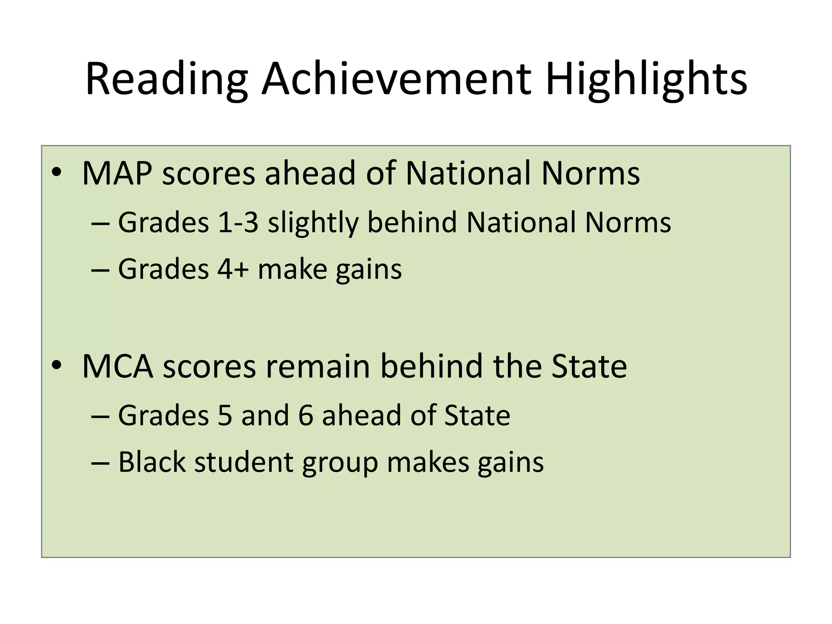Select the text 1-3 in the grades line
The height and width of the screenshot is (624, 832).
pos(238,223)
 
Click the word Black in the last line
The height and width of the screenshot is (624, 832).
pos(152,462)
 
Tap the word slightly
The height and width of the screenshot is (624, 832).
pos(313,223)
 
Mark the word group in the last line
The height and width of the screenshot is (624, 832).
pos(340,463)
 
